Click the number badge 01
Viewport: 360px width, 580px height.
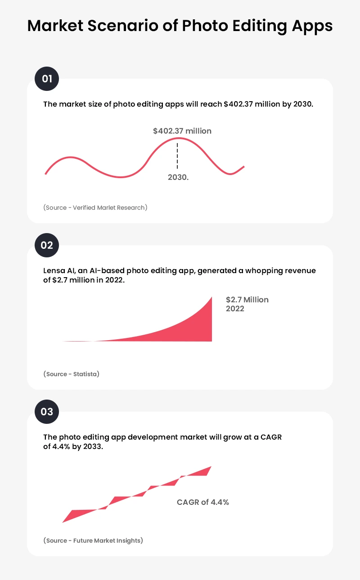tap(47, 79)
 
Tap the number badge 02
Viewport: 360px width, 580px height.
tap(47, 245)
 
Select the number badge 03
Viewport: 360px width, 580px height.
tap(47, 412)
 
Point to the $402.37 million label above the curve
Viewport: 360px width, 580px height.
tap(182, 131)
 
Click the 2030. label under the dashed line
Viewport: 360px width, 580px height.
tap(178, 177)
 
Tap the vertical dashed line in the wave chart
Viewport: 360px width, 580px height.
tap(177, 156)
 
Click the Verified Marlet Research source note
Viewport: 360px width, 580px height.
tap(95, 207)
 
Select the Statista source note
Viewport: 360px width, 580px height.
tap(72, 374)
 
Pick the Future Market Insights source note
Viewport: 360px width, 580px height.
tap(93, 540)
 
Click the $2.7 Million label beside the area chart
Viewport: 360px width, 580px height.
tap(247, 300)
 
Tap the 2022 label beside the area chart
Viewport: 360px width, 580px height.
tap(235, 309)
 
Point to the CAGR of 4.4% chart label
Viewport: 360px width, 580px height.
tap(203, 502)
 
